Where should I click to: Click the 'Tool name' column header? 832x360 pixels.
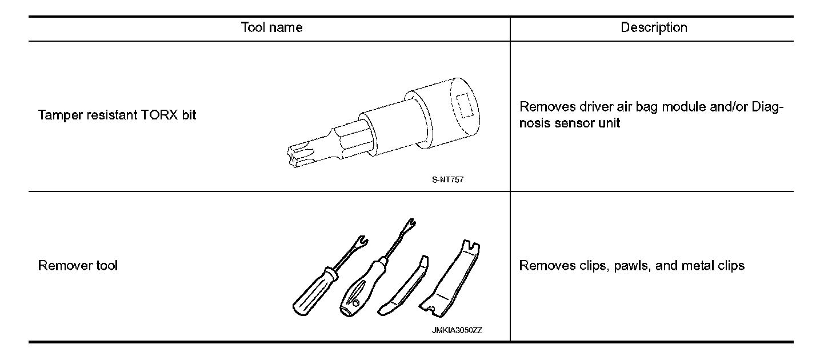(x=271, y=27)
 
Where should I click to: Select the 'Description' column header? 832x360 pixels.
(x=654, y=27)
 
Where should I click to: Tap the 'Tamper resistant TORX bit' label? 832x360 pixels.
(x=117, y=115)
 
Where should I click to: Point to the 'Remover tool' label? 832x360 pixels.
(x=78, y=266)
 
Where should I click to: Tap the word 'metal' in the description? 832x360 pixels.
(x=693, y=266)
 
